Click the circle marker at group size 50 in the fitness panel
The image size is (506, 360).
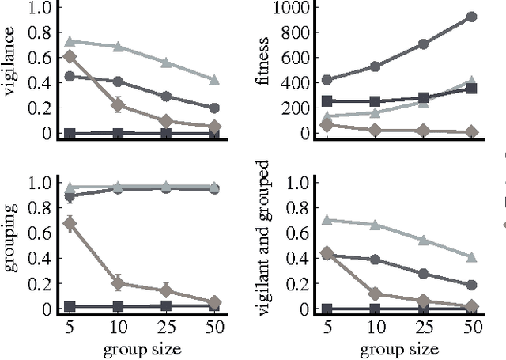tap(470, 17)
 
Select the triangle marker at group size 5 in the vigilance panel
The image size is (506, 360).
tap(70, 40)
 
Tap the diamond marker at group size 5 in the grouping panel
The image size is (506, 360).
tap(70, 223)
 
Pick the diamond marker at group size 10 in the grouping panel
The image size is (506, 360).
tap(118, 282)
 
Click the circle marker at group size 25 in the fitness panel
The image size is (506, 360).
tap(423, 44)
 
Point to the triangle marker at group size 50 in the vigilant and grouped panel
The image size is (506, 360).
tap(470, 256)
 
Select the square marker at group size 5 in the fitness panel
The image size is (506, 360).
tap(327, 101)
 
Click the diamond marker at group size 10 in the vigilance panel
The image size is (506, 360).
tap(118, 105)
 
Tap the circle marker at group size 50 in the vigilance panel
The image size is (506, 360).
tap(214, 108)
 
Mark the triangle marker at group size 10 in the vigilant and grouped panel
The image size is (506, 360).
tap(376, 225)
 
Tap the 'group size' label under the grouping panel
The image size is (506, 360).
tap(142, 349)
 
